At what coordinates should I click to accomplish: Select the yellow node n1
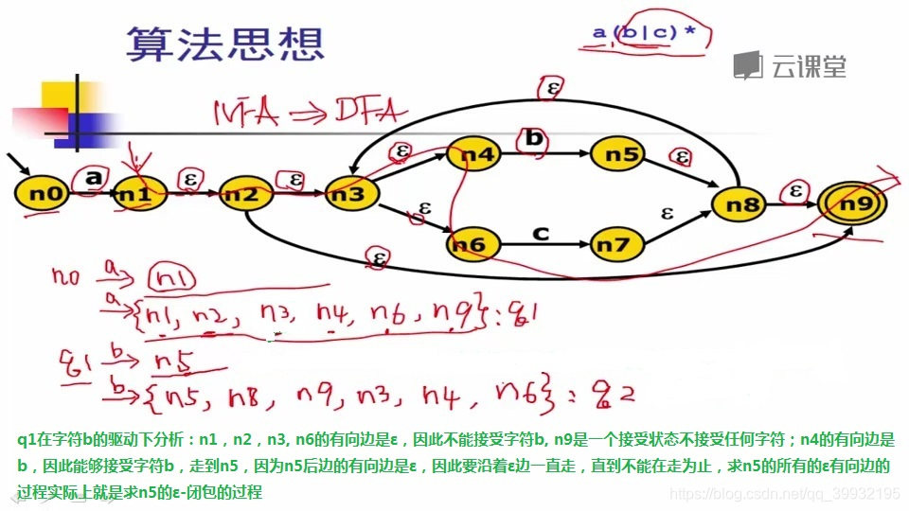(x=141, y=195)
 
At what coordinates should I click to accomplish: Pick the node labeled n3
(x=351, y=195)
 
